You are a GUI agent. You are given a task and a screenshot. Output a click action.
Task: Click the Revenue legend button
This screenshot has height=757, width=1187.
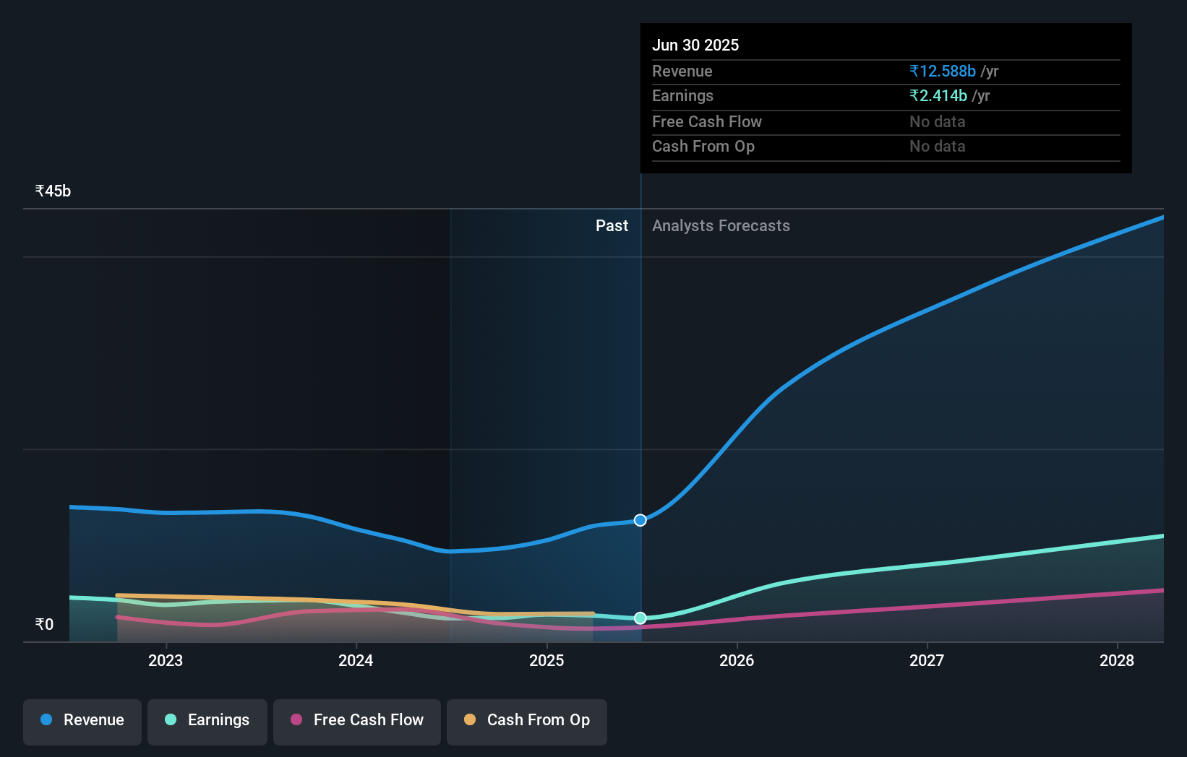82,721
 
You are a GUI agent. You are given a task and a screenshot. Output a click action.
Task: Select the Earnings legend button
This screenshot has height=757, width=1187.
207,721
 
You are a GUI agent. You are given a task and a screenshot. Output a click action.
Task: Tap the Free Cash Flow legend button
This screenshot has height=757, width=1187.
357,721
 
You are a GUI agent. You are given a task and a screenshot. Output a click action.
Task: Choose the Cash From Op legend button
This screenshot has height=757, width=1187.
527,721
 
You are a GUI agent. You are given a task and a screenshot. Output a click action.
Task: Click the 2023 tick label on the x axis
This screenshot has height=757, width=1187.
166,661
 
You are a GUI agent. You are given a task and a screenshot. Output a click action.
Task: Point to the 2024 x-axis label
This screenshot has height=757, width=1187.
356,661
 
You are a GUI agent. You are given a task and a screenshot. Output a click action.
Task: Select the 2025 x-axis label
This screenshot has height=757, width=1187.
547,661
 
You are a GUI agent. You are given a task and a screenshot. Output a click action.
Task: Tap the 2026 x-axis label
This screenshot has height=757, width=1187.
737,661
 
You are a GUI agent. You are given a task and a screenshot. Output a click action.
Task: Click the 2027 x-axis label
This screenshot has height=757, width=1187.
927,661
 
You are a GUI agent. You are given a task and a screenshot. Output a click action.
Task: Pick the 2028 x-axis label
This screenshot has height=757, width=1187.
1117,661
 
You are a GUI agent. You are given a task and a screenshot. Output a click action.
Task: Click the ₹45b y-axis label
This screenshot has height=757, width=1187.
53,191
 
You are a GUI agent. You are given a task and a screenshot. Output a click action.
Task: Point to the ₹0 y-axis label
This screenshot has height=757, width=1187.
44,625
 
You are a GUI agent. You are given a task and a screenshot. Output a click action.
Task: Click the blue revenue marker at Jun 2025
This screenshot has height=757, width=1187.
640,520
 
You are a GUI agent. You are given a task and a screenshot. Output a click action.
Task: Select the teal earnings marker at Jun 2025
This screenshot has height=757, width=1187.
640,618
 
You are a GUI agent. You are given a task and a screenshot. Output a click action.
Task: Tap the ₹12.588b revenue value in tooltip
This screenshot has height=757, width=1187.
943,72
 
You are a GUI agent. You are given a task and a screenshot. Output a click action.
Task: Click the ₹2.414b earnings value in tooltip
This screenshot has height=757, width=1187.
938,96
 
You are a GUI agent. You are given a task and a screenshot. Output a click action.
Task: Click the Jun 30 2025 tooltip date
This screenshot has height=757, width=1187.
695,46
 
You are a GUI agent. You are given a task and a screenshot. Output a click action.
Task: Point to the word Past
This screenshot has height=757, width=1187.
612,226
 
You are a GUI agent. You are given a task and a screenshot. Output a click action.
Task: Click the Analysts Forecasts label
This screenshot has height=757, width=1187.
721,226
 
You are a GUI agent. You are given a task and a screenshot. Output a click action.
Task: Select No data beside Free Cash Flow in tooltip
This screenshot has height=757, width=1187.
937,122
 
